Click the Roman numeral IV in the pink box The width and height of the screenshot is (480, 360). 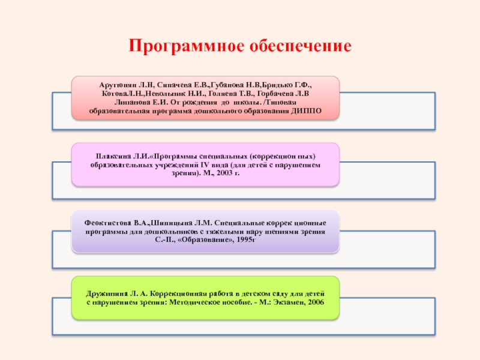[241, 164]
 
